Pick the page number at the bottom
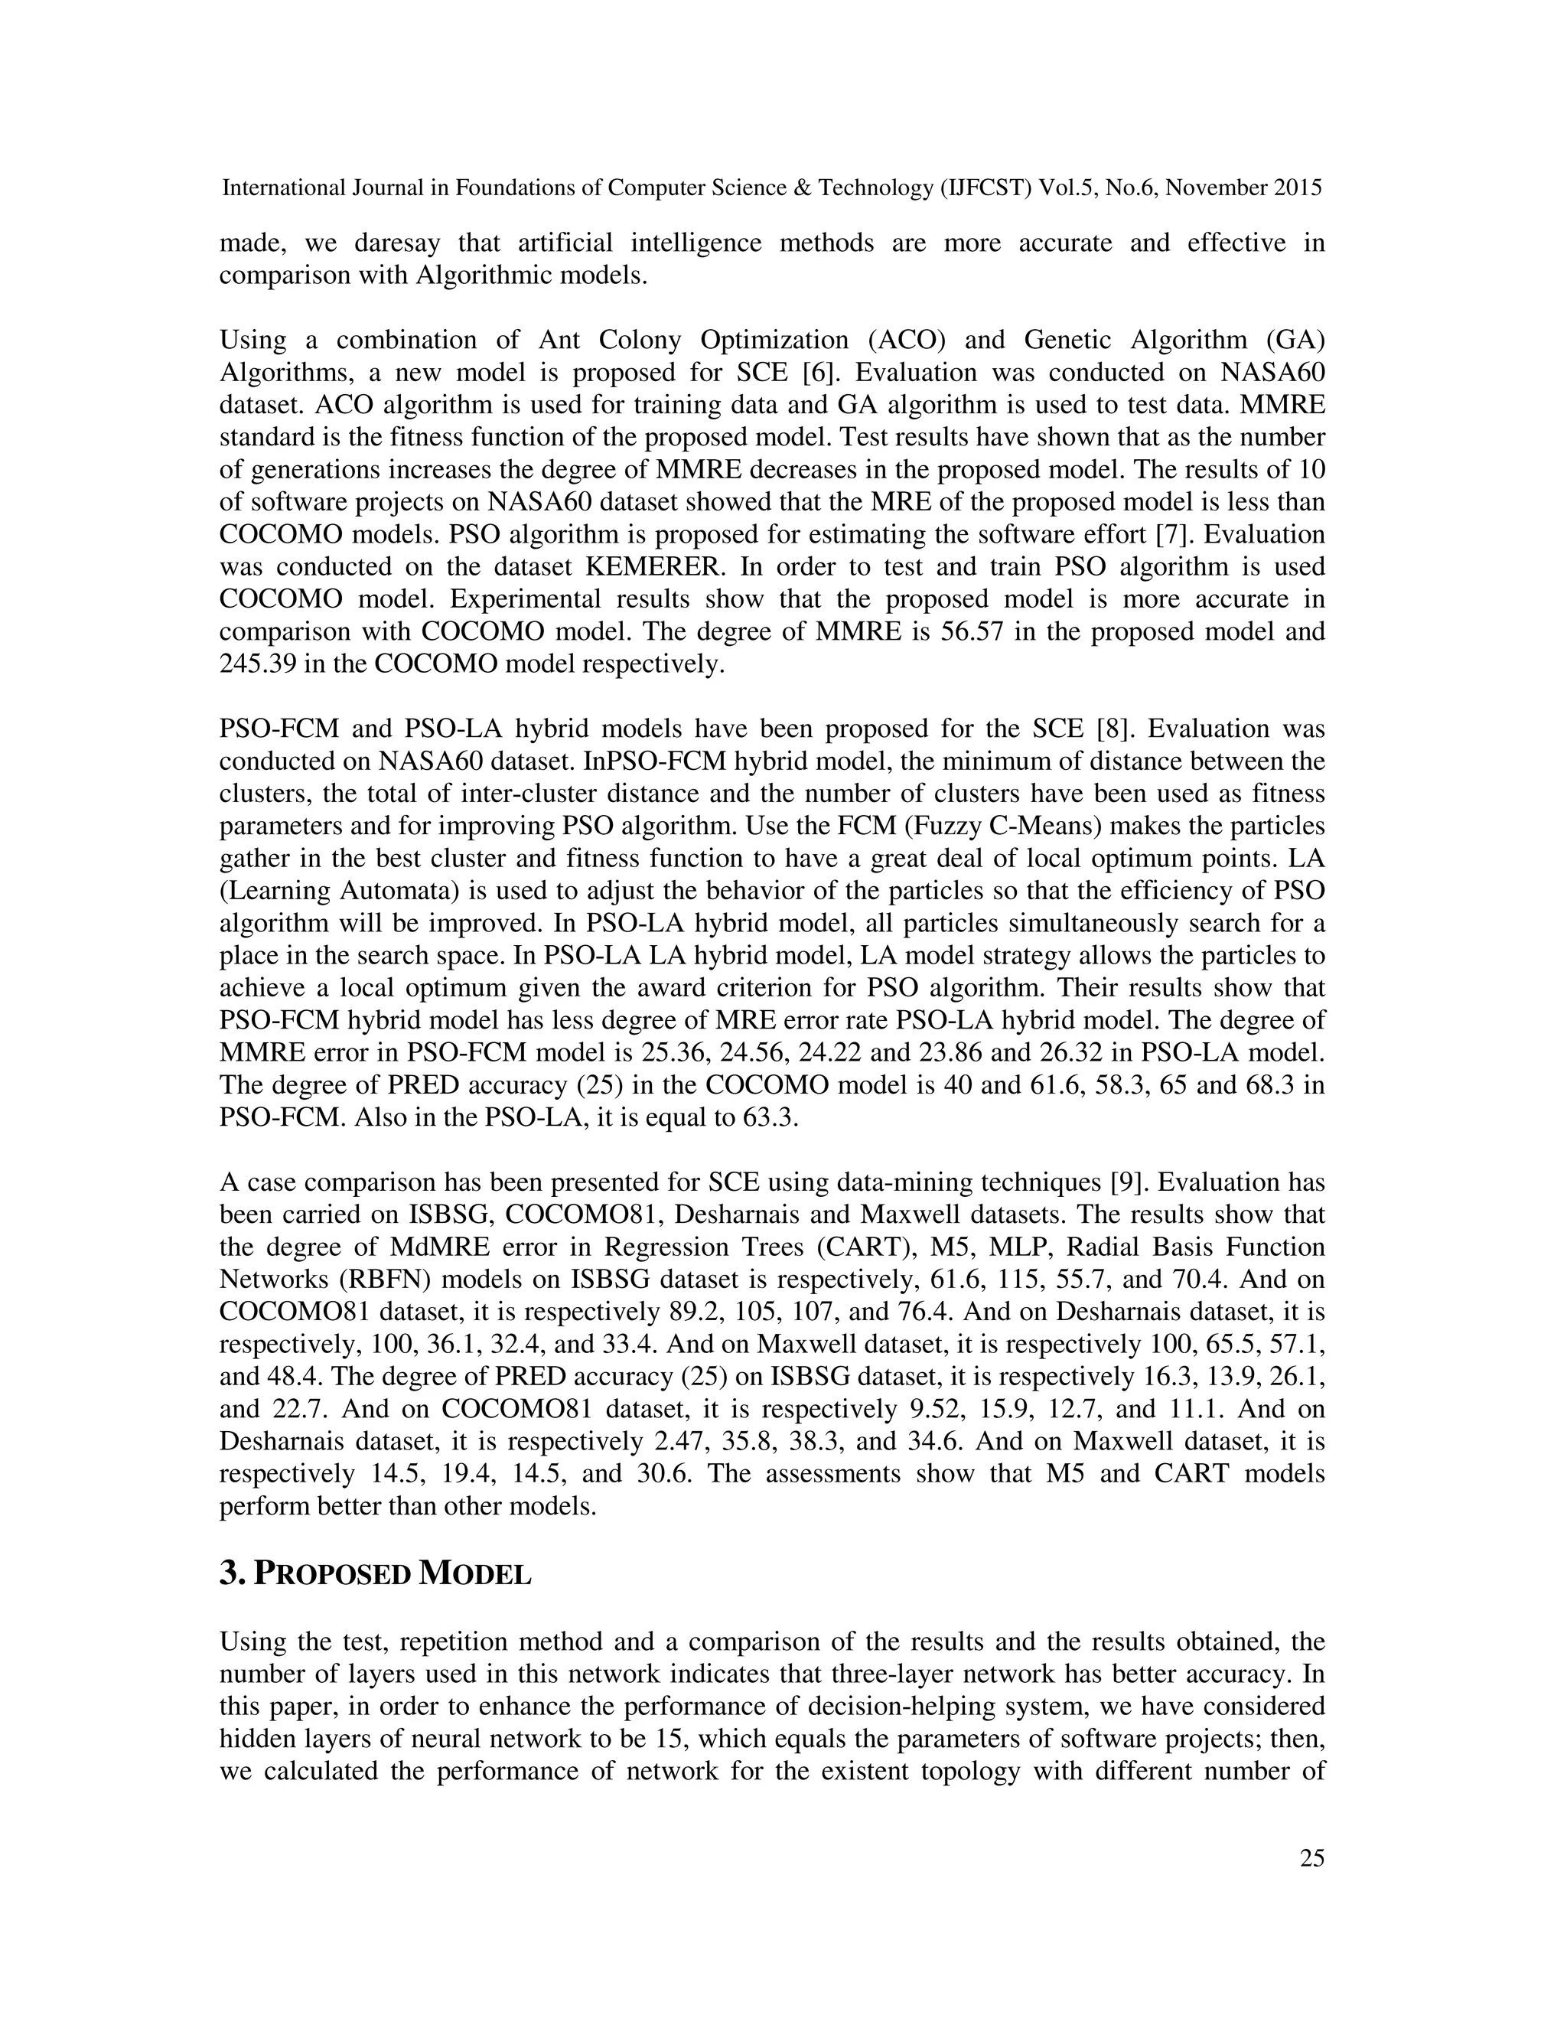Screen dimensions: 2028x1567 [1311, 1858]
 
